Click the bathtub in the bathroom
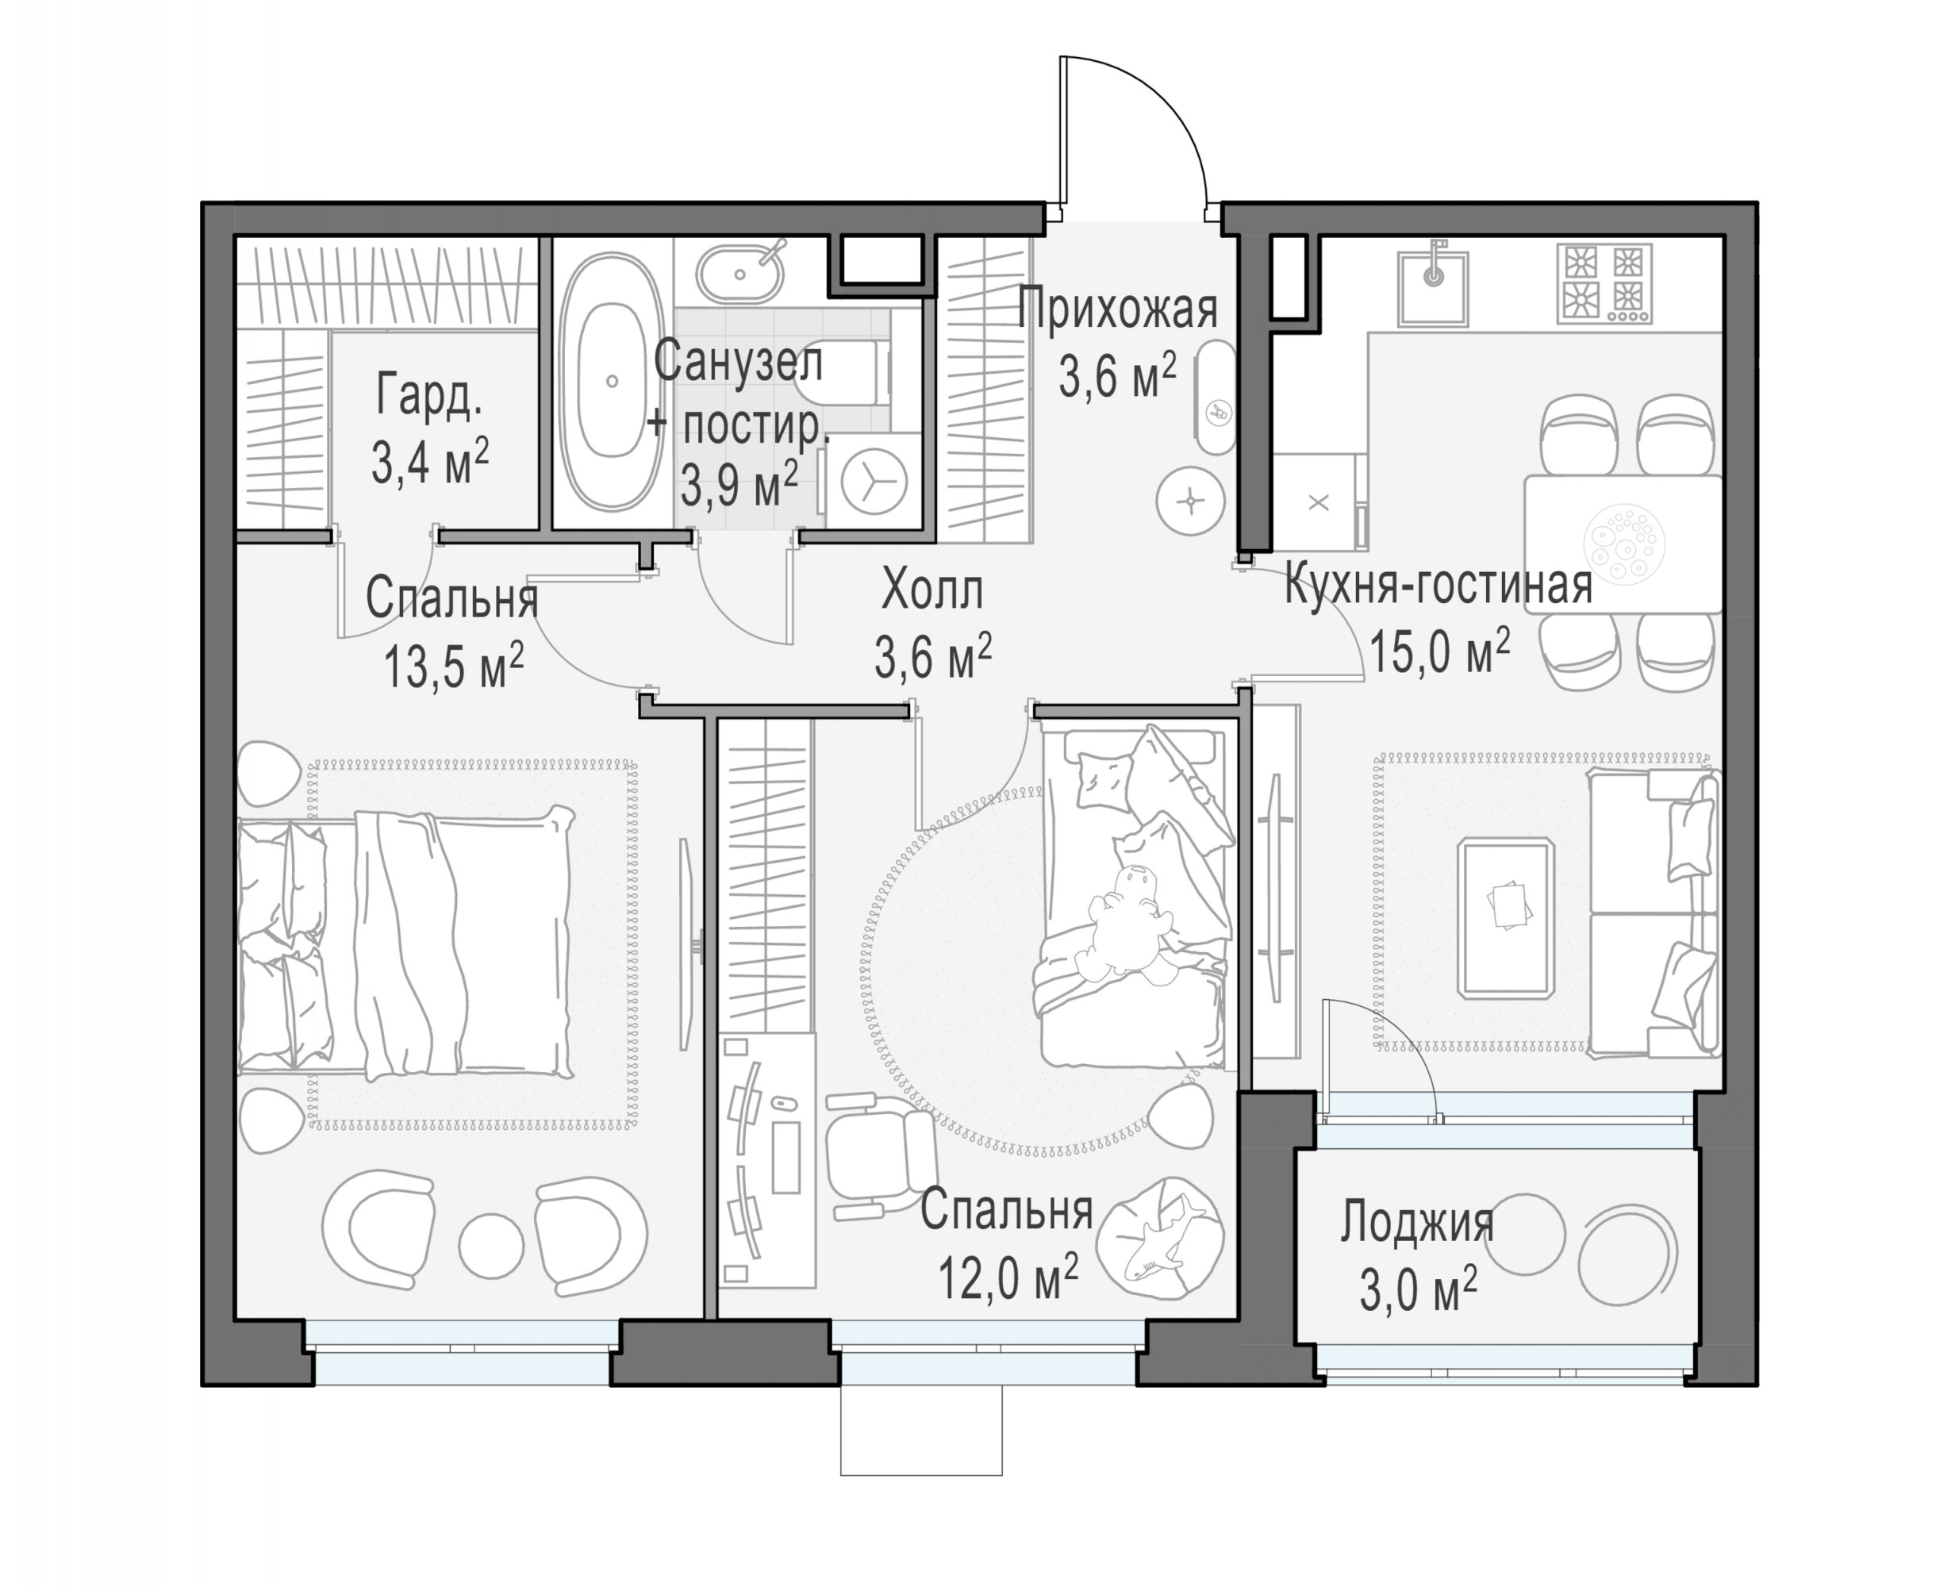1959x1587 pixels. click(612, 381)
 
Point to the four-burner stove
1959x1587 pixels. click(1604, 284)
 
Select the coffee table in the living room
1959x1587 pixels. click(1507, 917)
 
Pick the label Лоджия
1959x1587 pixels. click(1417, 1221)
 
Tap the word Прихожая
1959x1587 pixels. click(1118, 308)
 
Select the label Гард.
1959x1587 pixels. click(428, 397)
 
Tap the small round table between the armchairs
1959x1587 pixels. click(492, 1245)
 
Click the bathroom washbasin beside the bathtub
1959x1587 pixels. click(740, 272)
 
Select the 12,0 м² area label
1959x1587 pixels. click(1008, 1276)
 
